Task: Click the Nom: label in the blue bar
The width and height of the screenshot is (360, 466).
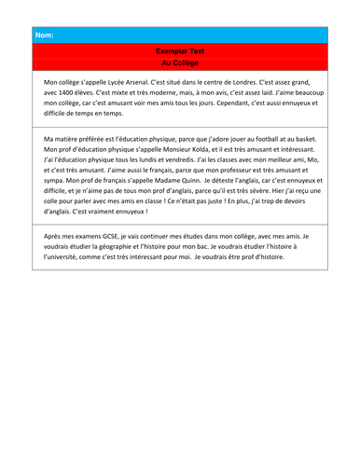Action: point(44,35)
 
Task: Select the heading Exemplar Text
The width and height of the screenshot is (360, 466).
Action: point(180,53)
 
